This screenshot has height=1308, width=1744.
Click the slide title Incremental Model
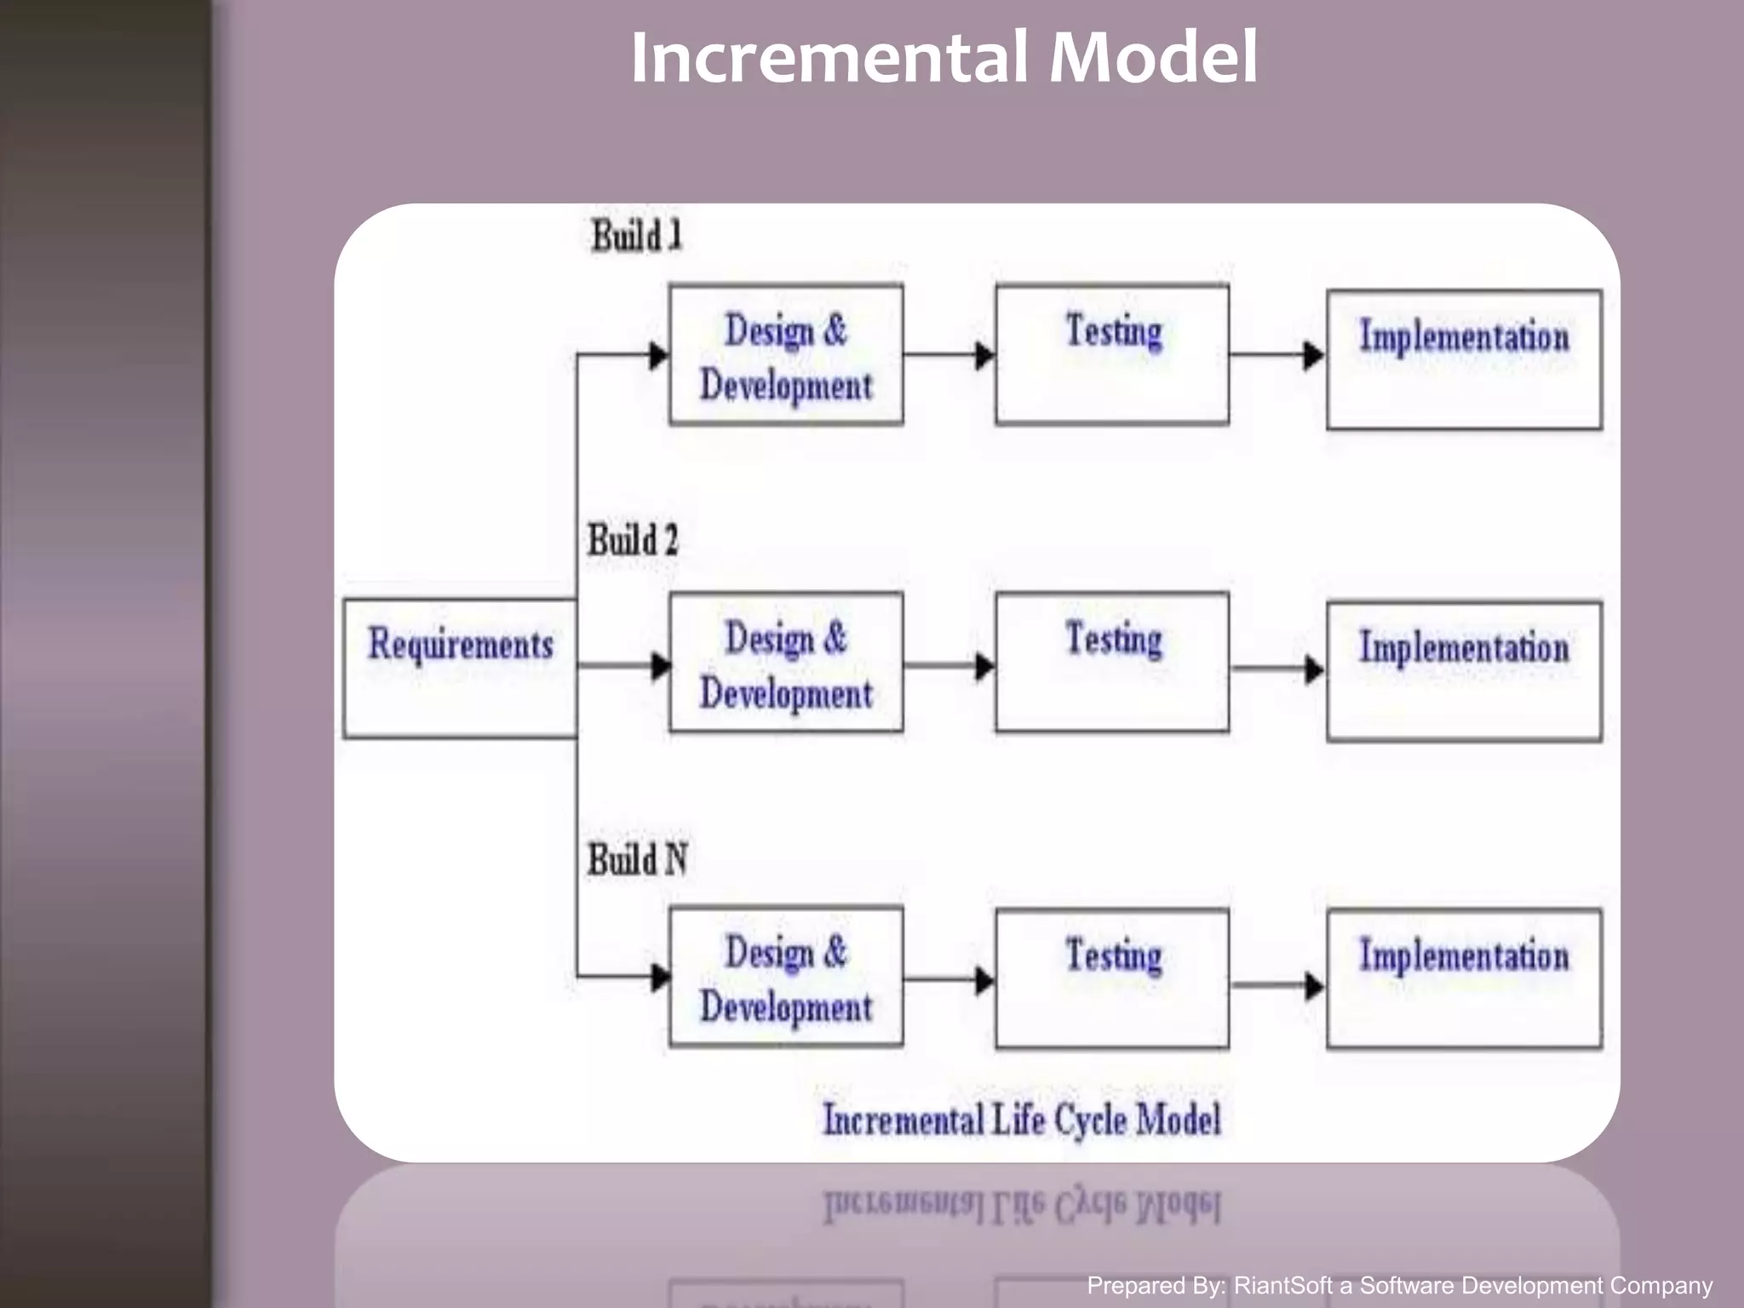[x=944, y=58]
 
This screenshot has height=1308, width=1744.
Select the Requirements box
[x=460, y=667]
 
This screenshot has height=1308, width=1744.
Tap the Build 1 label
[x=637, y=236]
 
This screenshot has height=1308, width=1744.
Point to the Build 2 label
[x=633, y=540]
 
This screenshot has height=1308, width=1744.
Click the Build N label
[x=637, y=858]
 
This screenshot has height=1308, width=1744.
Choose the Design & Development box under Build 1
[x=786, y=355]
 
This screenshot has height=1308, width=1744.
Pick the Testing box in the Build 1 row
[x=1112, y=355]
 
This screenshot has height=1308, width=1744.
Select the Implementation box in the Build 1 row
[x=1464, y=359]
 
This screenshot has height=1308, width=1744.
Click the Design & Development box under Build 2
[x=786, y=663]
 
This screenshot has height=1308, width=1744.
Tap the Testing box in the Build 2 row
[x=1112, y=663]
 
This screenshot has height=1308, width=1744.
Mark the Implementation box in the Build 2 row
[x=1464, y=671]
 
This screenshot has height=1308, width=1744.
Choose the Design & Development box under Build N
[x=786, y=977]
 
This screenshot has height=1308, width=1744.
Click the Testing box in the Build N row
[x=1112, y=978]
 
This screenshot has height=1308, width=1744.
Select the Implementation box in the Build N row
[x=1464, y=978]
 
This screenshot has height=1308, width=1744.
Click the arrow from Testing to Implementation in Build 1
[x=1276, y=355]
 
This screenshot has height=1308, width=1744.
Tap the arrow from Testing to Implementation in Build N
[x=1277, y=985]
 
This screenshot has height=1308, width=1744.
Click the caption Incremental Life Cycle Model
[x=1022, y=1119]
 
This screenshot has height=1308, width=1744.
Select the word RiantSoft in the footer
[x=1282, y=1285]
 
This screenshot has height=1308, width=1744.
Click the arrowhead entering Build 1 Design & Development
[x=658, y=355]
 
